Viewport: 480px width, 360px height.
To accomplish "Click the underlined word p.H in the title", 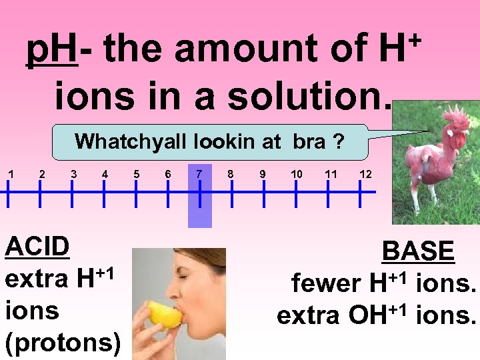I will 52,51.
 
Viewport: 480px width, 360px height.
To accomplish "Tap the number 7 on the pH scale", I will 199,174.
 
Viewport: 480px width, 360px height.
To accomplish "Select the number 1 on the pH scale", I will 9,174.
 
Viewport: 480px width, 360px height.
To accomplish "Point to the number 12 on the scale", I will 365,174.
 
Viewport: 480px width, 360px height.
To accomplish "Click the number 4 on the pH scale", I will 105,174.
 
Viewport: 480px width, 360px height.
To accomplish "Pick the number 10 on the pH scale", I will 297,174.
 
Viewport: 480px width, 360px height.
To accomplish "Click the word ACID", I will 37,247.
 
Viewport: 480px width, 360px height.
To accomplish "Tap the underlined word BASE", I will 419,252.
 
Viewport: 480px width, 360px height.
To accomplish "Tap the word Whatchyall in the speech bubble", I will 131,141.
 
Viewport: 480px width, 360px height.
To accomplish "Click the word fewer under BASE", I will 325,284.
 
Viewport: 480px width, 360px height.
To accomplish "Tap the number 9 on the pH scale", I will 263,174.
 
